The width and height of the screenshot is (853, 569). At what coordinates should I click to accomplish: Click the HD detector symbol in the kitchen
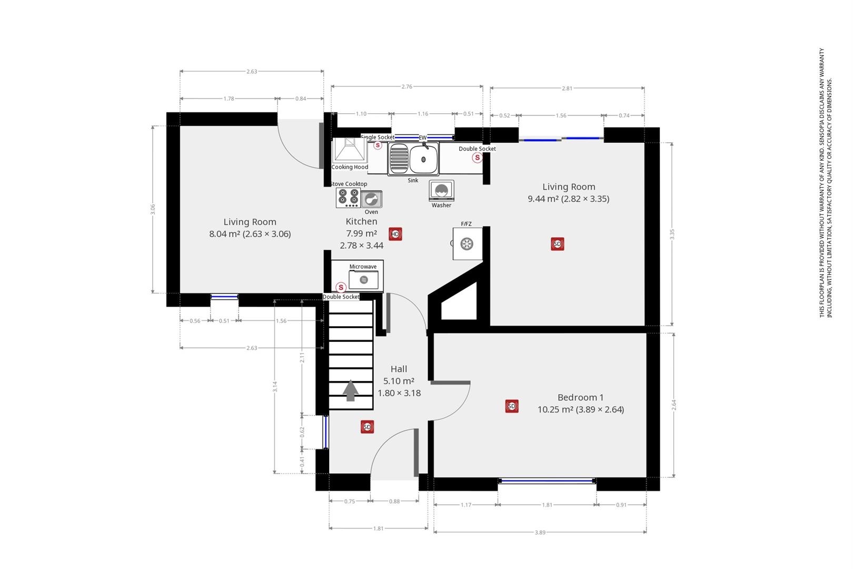coord(395,234)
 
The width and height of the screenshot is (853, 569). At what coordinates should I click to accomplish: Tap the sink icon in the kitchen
coord(413,159)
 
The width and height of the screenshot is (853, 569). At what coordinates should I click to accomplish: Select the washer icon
coord(441,190)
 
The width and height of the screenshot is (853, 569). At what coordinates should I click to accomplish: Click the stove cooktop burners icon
coord(348,198)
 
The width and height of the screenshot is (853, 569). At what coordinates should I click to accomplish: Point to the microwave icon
coord(364,279)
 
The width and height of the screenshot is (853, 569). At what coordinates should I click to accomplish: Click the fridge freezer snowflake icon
coord(467,244)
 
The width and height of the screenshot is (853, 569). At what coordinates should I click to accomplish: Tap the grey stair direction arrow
coord(350,390)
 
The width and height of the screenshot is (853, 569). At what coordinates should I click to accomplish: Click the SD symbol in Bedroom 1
coord(512,406)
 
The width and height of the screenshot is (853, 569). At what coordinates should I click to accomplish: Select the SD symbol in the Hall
coord(367,427)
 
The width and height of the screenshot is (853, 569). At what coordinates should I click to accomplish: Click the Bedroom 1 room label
coord(580,397)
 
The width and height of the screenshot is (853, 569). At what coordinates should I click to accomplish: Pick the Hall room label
coord(399,369)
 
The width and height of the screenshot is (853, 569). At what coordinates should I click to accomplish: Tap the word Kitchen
coord(361,221)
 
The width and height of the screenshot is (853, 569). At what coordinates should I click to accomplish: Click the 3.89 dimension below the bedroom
coord(540,533)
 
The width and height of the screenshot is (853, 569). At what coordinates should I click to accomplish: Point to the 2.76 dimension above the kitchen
coord(406,86)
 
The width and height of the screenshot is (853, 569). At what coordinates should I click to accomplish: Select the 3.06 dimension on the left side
coord(153,209)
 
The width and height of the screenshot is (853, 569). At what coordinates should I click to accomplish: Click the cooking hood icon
coord(350,150)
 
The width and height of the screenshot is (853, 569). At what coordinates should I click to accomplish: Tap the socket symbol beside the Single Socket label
coord(378,145)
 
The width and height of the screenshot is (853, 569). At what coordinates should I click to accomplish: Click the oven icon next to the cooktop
coord(371,199)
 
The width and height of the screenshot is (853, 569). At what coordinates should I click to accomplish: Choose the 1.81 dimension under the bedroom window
coord(547,505)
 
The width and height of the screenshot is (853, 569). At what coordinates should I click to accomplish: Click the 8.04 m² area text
coord(224,234)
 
